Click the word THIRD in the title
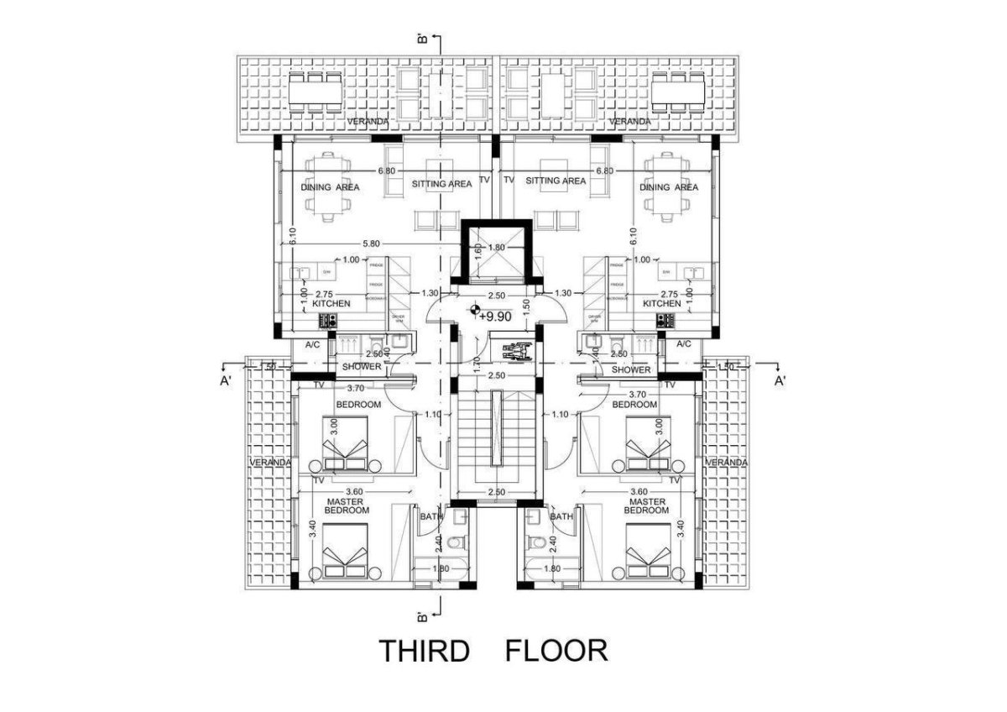pos(423,651)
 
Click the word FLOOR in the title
pos(556,651)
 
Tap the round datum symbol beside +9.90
pos(477,311)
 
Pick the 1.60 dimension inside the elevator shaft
pos(479,252)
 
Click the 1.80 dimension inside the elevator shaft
pos(496,248)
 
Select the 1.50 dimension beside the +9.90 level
pos(527,306)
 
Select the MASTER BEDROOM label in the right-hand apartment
pos(646,505)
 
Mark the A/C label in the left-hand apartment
pos(313,344)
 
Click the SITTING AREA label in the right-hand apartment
pos(556,181)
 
